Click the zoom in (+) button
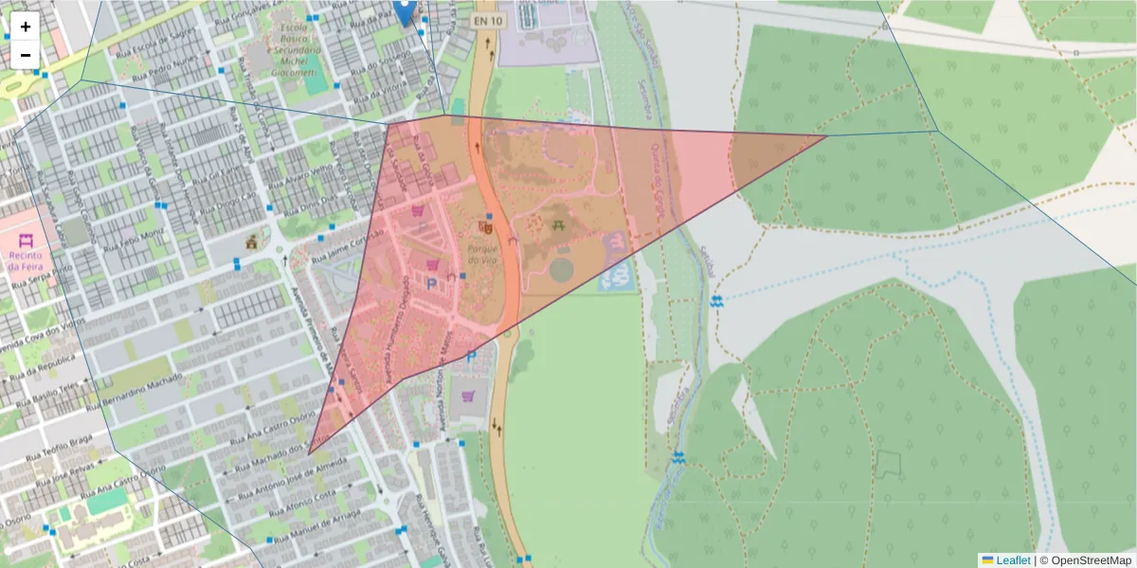[x=26, y=27]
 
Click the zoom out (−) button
[x=26, y=55]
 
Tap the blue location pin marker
[x=405, y=11]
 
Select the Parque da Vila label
[x=482, y=255]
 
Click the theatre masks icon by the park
[x=486, y=226]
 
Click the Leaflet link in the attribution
[x=1013, y=560]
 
